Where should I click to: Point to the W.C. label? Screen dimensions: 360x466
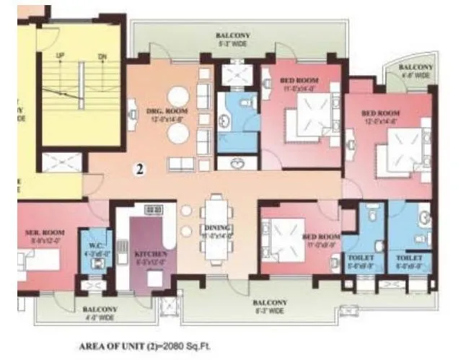pos(92,232)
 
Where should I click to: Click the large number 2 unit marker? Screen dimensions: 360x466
pos(141,170)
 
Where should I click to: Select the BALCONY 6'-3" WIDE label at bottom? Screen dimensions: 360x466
pos(271,306)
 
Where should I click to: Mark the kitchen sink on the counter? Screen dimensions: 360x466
pos(154,210)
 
